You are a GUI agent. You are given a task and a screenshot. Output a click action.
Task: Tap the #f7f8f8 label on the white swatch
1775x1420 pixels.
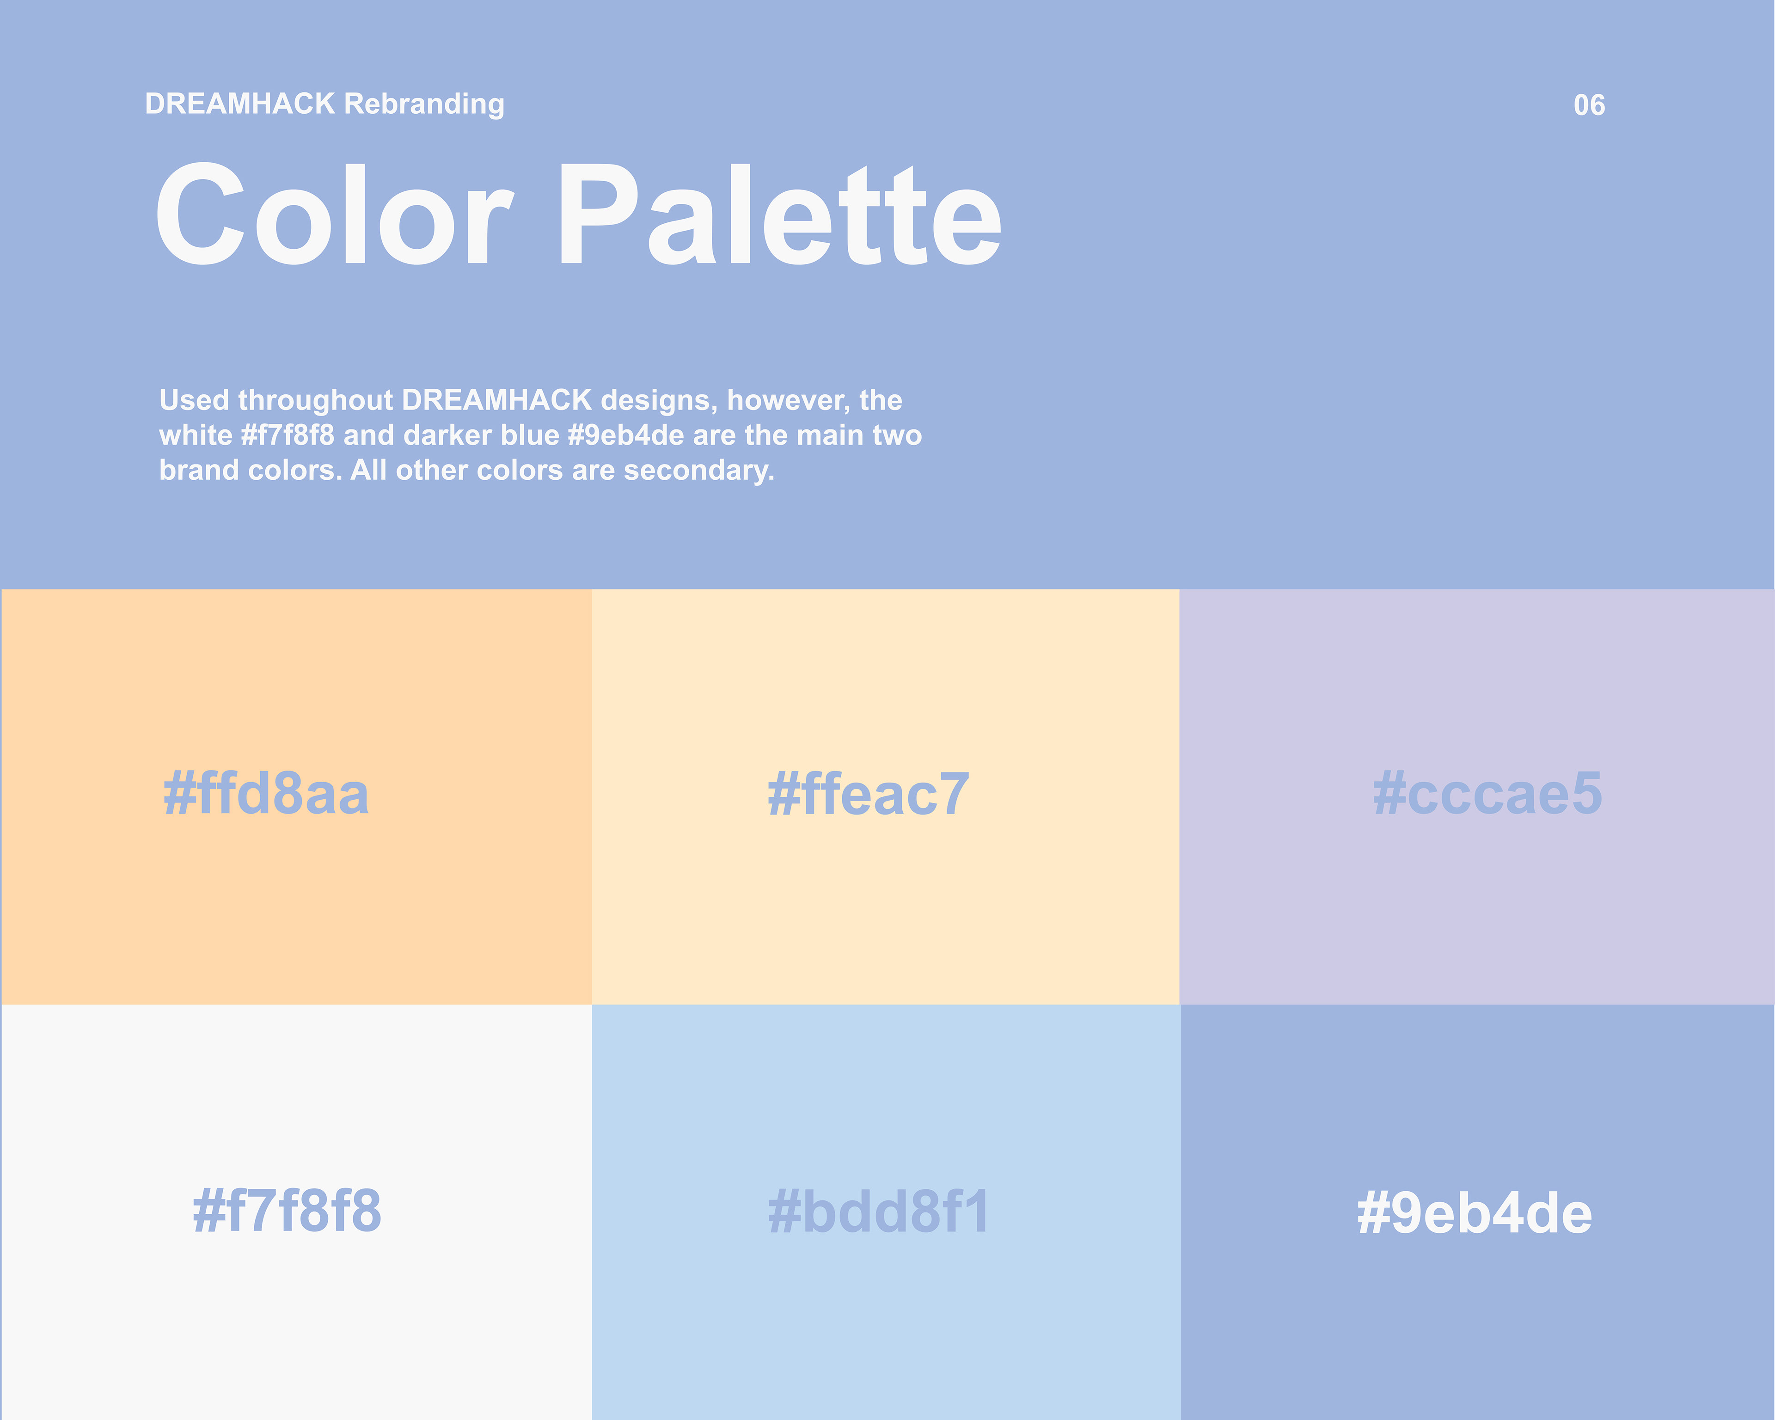pyautogui.click(x=287, y=1211)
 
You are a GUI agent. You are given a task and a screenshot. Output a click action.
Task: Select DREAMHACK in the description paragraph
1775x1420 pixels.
pyautogui.click(x=497, y=400)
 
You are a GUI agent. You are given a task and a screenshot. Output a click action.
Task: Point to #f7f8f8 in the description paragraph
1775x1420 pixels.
pyautogui.click(x=288, y=435)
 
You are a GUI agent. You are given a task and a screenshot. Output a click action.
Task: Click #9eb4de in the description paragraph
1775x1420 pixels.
pyautogui.click(x=626, y=435)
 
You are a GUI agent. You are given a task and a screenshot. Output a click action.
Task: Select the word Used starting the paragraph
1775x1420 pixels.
pyautogui.click(x=194, y=400)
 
